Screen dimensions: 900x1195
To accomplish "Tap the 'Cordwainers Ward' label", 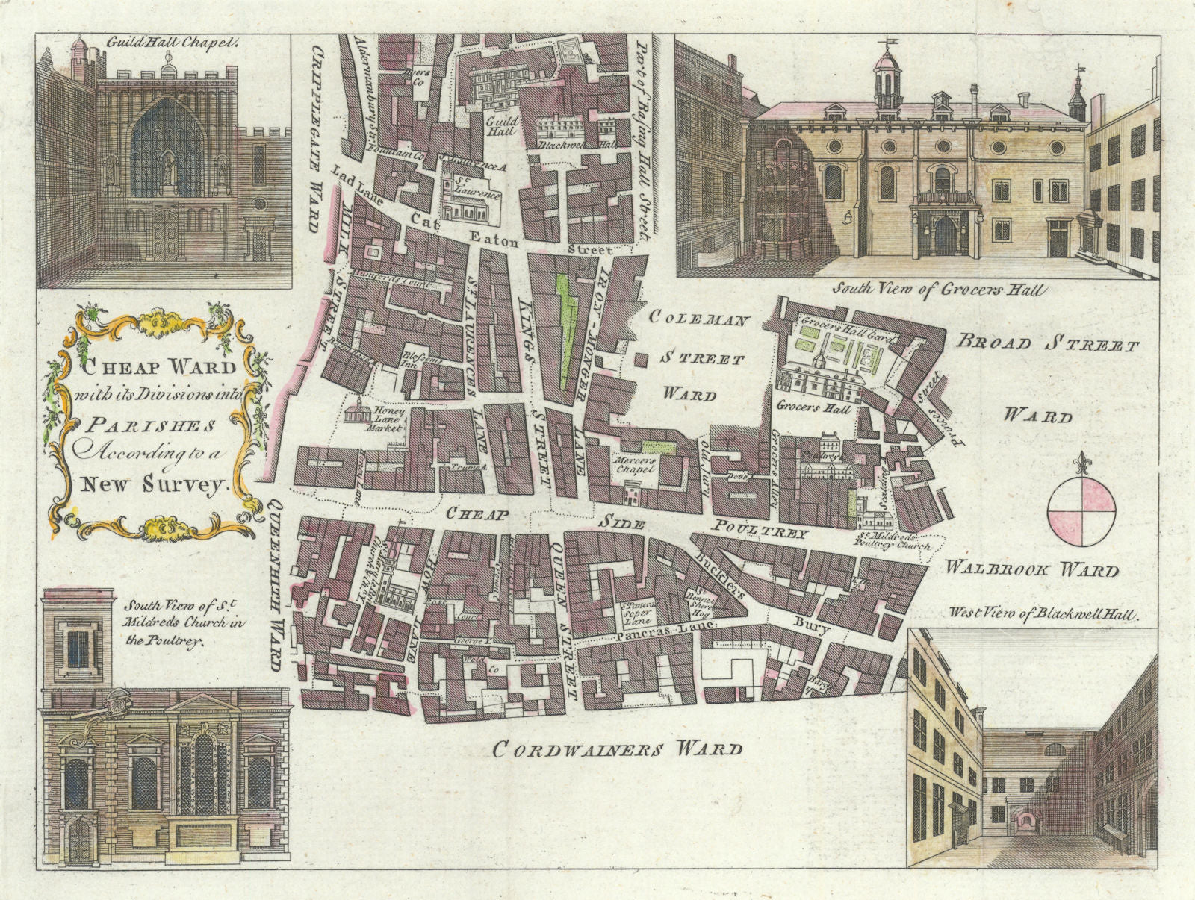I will click(x=617, y=749).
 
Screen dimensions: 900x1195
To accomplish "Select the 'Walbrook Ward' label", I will click(x=1031, y=570).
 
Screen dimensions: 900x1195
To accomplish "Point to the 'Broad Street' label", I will click(x=1048, y=345).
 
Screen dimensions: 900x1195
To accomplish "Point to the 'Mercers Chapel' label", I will click(x=633, y=465).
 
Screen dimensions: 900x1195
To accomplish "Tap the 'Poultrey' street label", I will click(x=761, y=532).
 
